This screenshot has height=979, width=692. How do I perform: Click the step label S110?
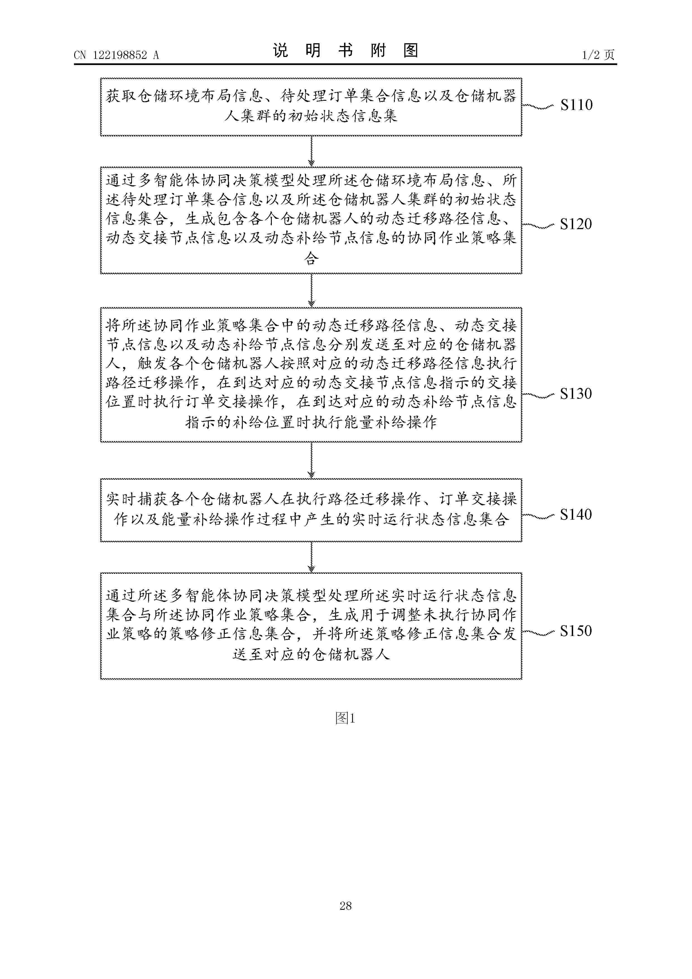point(576,105)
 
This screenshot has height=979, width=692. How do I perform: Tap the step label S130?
point(576,393)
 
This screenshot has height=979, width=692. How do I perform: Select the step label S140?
point(576,515)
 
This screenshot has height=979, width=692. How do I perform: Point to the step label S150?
point(576,631)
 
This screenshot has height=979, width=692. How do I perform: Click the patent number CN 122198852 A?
point(116,55)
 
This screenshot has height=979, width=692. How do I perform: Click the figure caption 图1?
point(345,718)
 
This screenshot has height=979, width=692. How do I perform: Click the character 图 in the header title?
point(410,51)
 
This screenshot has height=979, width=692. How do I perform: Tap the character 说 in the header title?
point(280,51)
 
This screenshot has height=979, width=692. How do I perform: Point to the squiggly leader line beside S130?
point(538,396)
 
